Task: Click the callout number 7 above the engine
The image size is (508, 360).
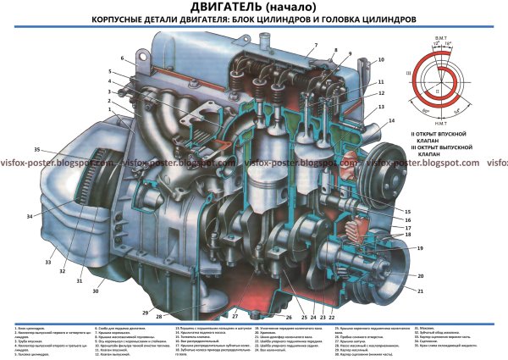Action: [314, 44]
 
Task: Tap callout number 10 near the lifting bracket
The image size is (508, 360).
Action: [380, 59]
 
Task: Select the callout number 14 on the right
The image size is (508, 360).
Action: [391, 121]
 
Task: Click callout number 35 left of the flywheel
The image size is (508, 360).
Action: [37, 150]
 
